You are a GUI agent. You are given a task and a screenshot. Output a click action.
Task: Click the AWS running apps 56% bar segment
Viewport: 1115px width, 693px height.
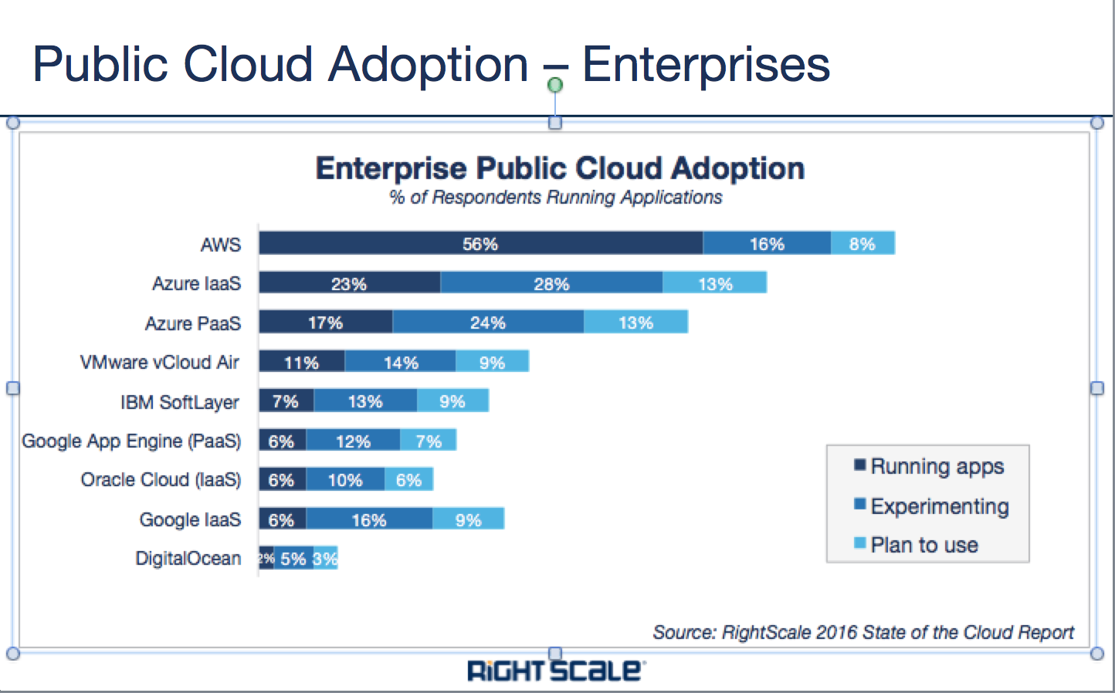click(480, 243)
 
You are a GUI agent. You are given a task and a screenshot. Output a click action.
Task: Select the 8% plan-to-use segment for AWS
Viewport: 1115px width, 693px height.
click(863, 243)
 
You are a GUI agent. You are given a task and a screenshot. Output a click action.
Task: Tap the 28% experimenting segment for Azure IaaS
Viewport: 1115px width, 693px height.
click(551, 283)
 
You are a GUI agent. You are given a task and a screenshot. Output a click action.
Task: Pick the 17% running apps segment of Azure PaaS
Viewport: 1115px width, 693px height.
click(325, 322)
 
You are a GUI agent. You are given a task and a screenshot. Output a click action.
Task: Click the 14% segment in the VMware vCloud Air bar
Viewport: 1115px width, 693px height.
click(400, 362)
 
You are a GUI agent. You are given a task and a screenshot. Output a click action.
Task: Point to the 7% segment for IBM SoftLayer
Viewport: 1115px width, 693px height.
click(286, 401)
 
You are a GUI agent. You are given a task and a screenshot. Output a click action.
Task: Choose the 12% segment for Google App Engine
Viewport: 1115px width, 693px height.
click(353, 441)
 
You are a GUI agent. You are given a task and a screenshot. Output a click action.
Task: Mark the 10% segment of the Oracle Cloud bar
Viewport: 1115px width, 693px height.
click(345, 480)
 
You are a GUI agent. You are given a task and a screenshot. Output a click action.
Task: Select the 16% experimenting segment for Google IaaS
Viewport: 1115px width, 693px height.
click(369, 519)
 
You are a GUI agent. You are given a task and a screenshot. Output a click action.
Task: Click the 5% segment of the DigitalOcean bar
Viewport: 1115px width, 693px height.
click(293, 559)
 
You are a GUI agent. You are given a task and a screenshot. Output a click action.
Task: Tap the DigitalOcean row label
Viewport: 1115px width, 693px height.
click(188, 558)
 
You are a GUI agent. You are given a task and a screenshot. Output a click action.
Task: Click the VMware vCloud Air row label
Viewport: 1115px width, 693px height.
click(160, 362)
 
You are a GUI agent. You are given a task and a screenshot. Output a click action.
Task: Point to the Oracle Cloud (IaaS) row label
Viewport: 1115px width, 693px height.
click(161, 479)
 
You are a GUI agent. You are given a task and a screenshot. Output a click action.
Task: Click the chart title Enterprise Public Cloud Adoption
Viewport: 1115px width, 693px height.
click(560, 168)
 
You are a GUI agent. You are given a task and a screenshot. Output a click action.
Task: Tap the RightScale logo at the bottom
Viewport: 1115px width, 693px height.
click(554, 670)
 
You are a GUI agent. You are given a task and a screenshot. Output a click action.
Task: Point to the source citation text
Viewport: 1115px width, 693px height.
click(863, 633)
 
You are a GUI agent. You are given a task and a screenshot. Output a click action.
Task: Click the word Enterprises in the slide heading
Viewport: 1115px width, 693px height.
click(706, 64)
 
